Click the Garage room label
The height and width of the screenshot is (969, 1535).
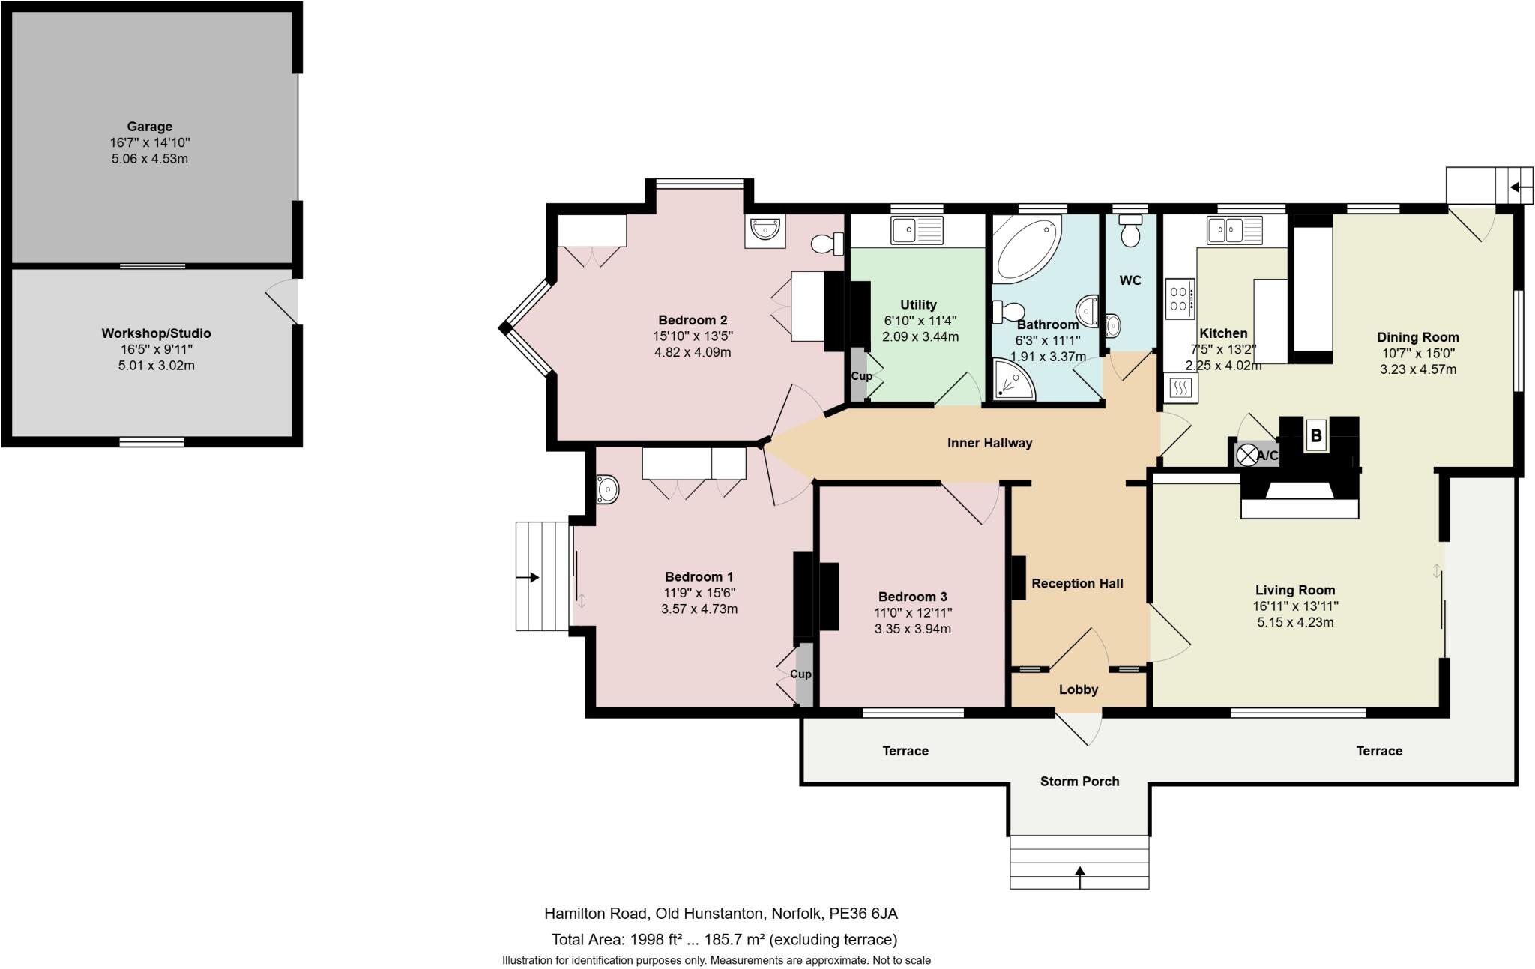click(x=149, y=127)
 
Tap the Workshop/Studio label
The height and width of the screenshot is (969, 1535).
click(x=156, y=333)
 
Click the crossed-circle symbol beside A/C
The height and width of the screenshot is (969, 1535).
click(x=1247, y=455)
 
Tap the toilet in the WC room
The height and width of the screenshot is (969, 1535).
click(x=1130, y=229)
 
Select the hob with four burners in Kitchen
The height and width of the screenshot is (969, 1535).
click(x=1180, y=295)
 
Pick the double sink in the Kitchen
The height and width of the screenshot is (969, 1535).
click(x=1234, y=229)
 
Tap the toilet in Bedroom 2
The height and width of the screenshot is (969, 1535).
click(x=828, y=244)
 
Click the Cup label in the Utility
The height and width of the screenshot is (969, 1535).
click(x=861, y=375)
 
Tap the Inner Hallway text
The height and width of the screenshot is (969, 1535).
click(x=989, y=443)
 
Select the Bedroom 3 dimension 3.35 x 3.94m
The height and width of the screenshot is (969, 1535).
click(x=913, y=629)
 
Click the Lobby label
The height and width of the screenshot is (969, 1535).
click(x=1079, y=689)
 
